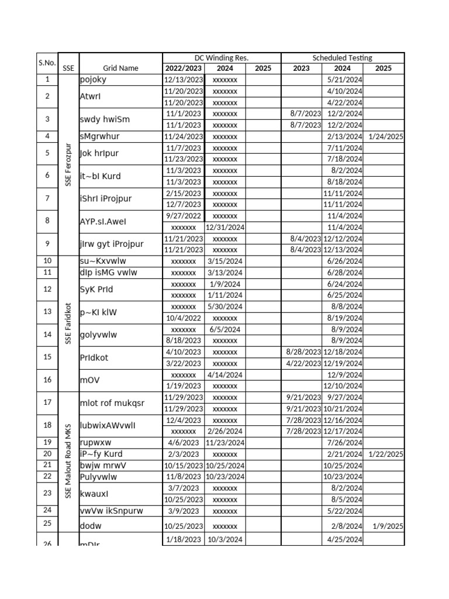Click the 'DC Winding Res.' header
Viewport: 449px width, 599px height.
222,58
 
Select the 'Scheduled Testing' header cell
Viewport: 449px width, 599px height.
342,58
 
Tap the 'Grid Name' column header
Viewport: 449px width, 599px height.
120,68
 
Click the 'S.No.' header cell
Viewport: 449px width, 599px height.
47,63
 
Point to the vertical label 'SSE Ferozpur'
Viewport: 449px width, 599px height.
68,164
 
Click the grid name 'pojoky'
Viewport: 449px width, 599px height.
94,80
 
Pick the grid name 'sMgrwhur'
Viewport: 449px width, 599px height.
100,136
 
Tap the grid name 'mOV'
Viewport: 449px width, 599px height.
90,380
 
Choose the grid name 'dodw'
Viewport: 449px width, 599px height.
91,526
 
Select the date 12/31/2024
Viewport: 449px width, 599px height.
224,227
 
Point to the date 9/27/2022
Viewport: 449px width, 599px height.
184,216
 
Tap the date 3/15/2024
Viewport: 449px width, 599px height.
224,261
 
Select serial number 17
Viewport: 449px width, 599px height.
47,402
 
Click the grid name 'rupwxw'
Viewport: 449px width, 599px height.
95,442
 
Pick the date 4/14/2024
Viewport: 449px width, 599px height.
224,374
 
